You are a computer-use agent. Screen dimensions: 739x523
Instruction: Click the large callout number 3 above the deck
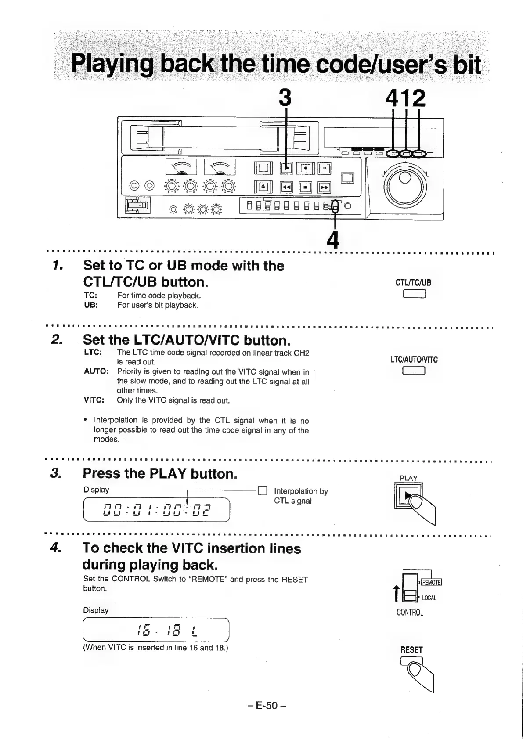(285, 98)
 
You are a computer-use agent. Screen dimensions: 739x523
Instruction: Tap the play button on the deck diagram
(286, 168)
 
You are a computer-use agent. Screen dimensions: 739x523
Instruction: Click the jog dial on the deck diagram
(404, 184)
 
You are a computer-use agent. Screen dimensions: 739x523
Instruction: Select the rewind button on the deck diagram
(287, 188)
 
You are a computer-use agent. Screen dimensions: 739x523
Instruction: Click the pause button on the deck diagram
(325, 168)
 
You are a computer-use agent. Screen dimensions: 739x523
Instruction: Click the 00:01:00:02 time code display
(157, 510)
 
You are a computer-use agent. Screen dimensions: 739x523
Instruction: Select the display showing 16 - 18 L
(157, 630)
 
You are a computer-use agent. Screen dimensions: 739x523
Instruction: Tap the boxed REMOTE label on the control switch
(431, 582)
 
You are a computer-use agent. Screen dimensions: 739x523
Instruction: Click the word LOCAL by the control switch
(429, 598)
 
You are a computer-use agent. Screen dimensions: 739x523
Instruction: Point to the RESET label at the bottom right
(411, 649)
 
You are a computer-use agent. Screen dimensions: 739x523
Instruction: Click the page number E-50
(266, 705)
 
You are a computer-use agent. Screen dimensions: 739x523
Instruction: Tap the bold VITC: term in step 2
(94, 400)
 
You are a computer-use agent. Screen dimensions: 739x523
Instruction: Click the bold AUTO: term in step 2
(96, 371)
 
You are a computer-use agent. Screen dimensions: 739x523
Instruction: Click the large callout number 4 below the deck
(334, 239)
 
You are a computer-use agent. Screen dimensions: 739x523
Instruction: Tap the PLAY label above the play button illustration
(408, 478)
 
